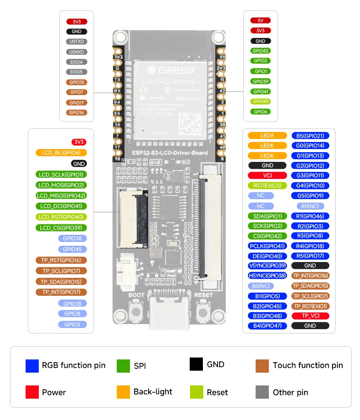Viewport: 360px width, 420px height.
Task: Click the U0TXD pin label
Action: pyautogui.click(x=77, y=42)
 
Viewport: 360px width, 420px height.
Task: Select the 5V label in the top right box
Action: pyautogui.click(x=261, y=21)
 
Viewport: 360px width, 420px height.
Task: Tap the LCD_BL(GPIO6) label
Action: pyautogui.click(x=61, y=153)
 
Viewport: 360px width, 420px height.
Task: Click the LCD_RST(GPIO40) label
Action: pyautogui.click(x=61, y=217)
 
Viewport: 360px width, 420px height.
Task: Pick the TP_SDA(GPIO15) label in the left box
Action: pyautogui.click(x=61, y=281)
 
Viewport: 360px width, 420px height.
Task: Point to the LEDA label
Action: pyautogui.click(x=267, y=135)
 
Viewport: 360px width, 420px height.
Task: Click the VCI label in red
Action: pyautogui.click(x=267, y=175)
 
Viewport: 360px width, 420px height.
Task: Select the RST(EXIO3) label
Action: pyautogui.click(x=267, y=186)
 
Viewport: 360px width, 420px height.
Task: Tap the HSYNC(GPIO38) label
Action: pyautogui.click(x=267, y=276)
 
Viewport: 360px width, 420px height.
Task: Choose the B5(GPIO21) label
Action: pyautogui.click(x=310, y=135)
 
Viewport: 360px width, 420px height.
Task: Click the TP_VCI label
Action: pyautogui.click(x=310, y=316)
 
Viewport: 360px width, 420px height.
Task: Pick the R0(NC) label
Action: pyautogui.click(x=310, y=206)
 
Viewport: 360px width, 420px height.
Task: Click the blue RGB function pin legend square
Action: pyautogui.click(x=32, y=366)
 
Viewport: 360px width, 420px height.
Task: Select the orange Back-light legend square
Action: pyautogui.click(x=123, y=392)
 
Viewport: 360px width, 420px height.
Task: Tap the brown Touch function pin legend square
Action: pyautogui.click(x=262, y=366)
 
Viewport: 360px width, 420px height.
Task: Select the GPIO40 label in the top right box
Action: pyautogui.click(x=261, y=101)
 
